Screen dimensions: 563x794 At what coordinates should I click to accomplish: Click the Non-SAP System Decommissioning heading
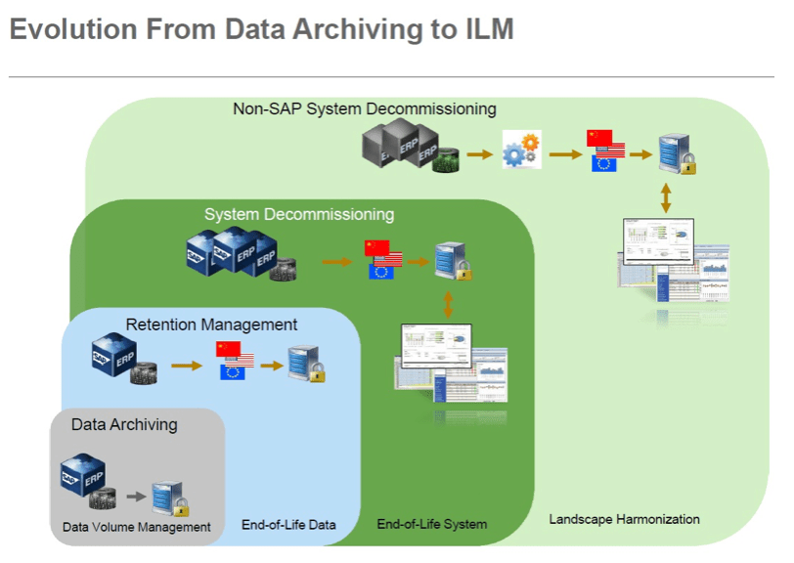364,108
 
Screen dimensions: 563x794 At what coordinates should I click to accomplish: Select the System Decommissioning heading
298,214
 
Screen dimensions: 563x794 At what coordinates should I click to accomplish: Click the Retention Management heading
211,324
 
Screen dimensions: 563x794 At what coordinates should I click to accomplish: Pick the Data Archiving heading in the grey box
124,424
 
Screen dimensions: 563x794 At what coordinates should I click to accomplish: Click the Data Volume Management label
136,527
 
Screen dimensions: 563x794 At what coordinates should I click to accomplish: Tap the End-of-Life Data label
288,525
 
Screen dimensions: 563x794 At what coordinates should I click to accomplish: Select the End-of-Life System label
431,525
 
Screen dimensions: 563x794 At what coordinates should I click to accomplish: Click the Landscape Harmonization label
624,519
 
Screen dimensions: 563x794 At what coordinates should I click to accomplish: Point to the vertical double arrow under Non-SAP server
666,198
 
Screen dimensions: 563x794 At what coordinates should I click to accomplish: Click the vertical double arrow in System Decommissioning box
449,301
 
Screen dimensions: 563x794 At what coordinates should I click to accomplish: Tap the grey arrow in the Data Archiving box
136,497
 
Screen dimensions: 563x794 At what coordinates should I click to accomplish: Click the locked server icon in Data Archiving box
170,498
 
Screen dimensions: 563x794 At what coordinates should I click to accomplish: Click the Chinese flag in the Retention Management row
227,350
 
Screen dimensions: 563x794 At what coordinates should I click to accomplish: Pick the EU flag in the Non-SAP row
604,163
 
